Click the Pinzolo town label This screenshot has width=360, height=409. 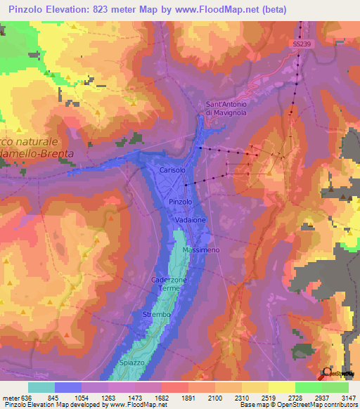pos(181,202)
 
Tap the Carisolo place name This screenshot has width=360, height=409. pos(172,171)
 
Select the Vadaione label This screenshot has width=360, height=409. pos(190,220)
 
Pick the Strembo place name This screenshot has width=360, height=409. pos(157,315)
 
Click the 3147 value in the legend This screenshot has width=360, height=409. pos(348,397)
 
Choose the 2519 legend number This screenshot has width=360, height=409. pos(268,397)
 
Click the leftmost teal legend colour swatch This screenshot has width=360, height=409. pos(41,387)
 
